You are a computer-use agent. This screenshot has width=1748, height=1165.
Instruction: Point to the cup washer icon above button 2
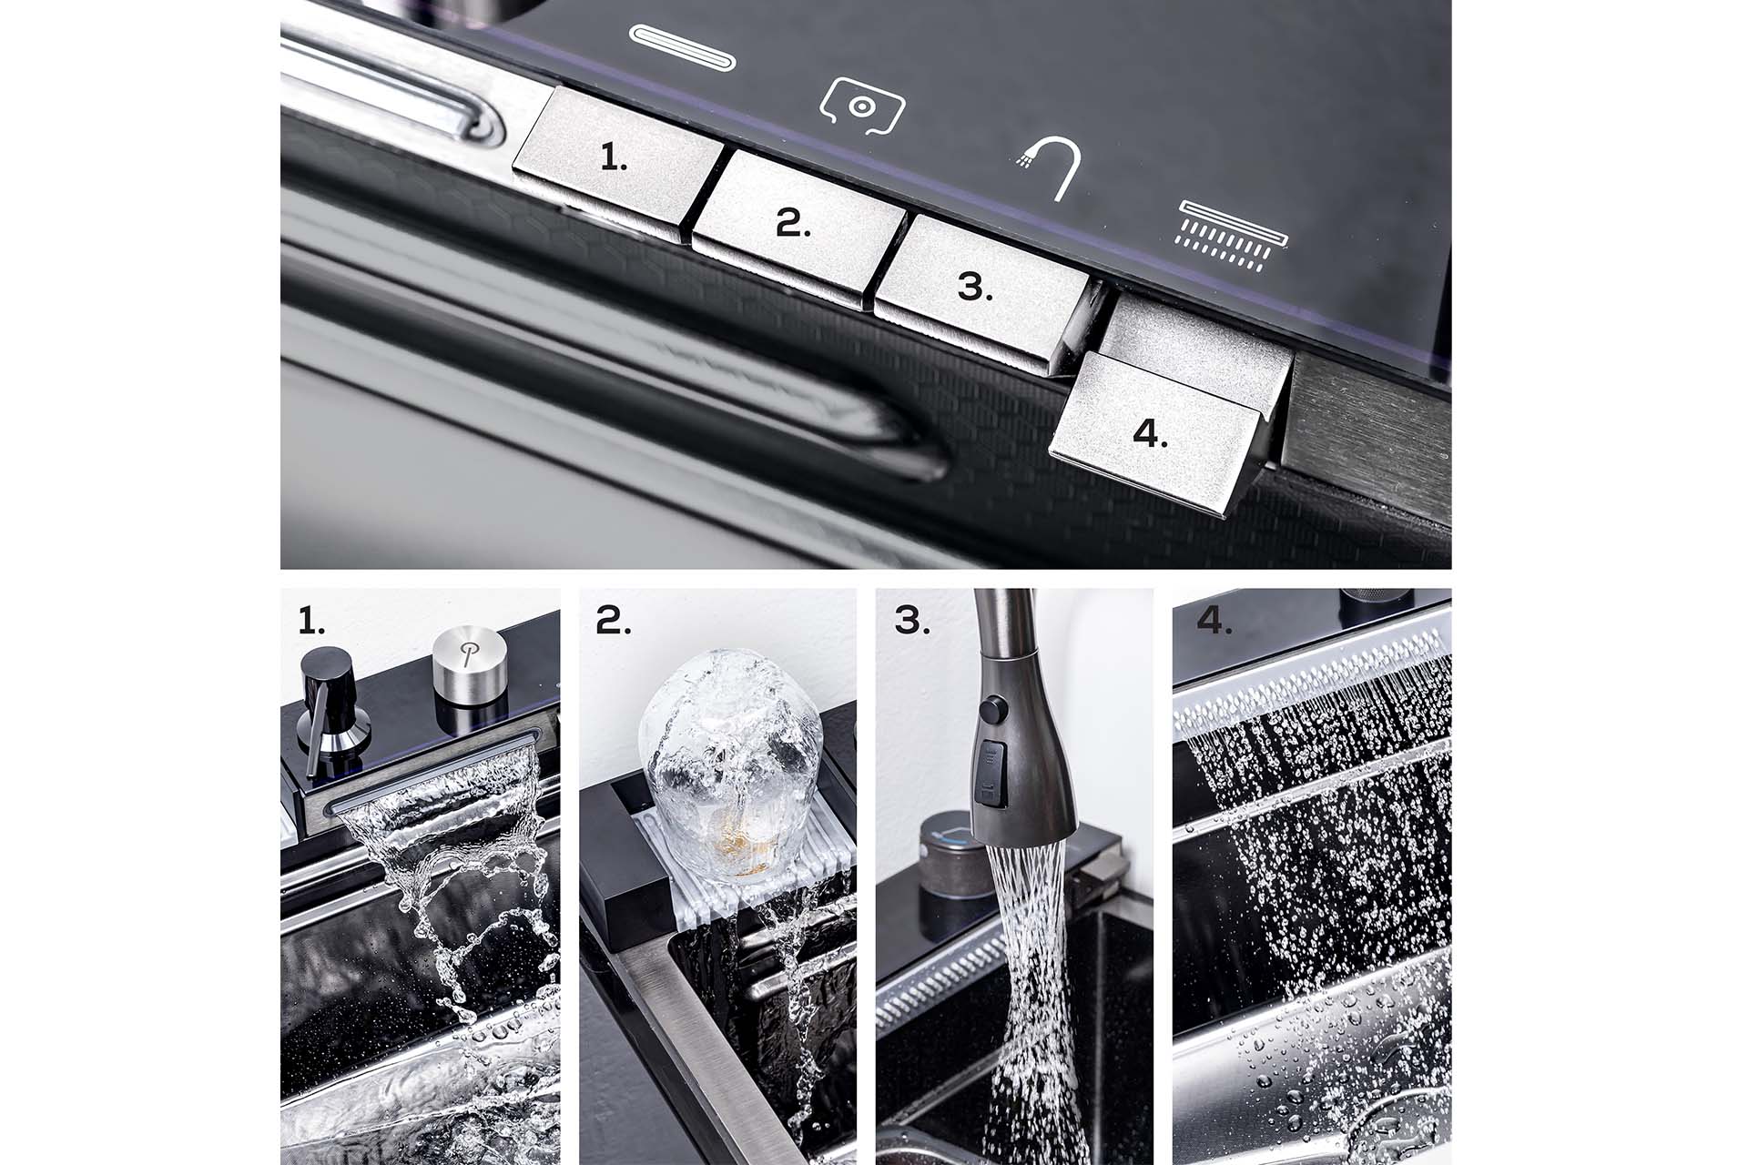coord(861,106)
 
